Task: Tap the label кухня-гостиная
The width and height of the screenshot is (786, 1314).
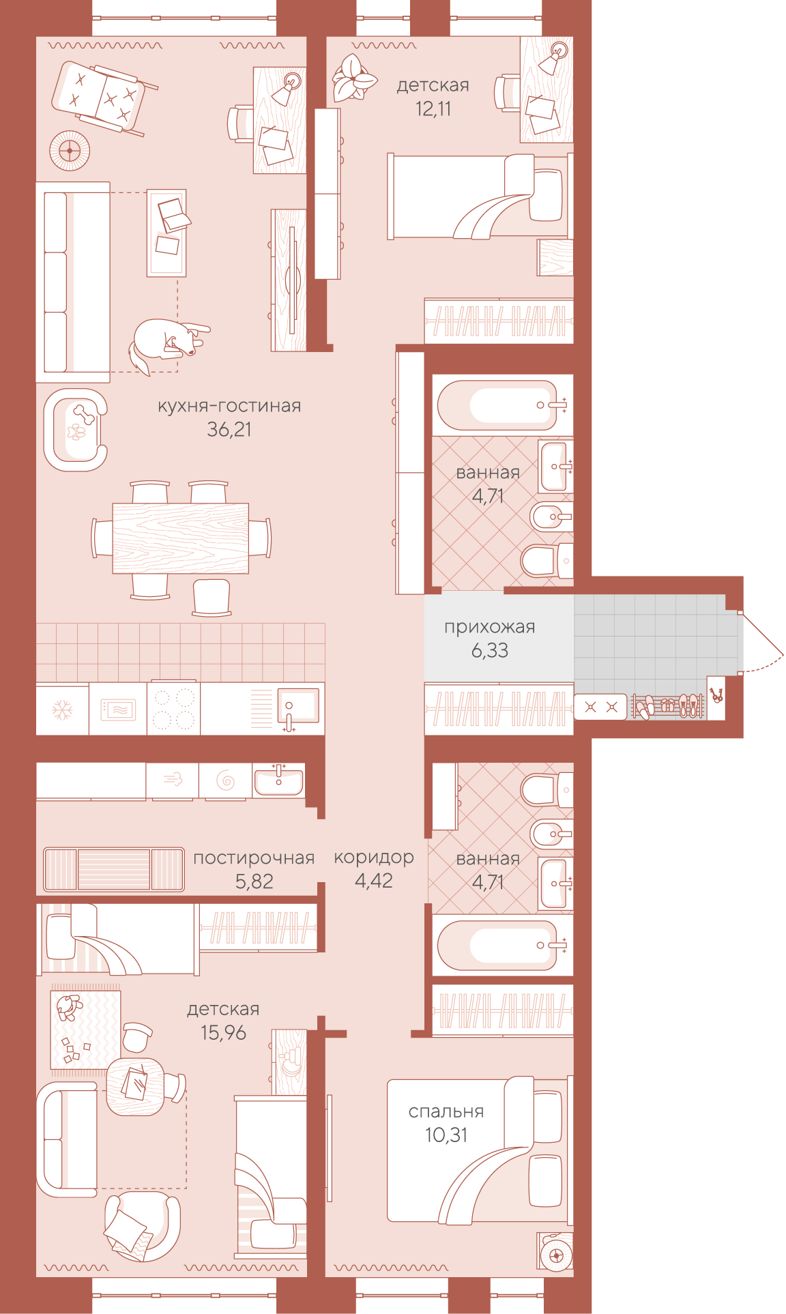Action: point(229,406)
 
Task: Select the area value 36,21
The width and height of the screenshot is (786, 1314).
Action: point(229,430)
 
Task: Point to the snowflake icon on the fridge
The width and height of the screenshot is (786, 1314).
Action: point(62,710)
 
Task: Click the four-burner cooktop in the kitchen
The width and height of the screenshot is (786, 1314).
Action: point(174,708)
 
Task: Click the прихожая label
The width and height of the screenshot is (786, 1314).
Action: point(489,628)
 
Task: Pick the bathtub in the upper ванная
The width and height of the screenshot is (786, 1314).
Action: point(502,405)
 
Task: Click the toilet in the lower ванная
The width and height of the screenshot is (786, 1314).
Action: point(547,789)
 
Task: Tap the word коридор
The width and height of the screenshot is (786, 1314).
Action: point(374,858)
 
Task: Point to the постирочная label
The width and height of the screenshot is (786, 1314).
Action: point(254,858)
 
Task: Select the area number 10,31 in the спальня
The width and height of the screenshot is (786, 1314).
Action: point(446,1135)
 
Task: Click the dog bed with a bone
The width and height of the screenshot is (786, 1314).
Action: point(75,430)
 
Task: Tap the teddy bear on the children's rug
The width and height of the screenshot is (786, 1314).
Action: point(68,1007)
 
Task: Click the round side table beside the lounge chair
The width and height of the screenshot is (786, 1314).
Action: point(70,150)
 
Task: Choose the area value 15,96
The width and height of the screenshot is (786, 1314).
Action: point(223,1033)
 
